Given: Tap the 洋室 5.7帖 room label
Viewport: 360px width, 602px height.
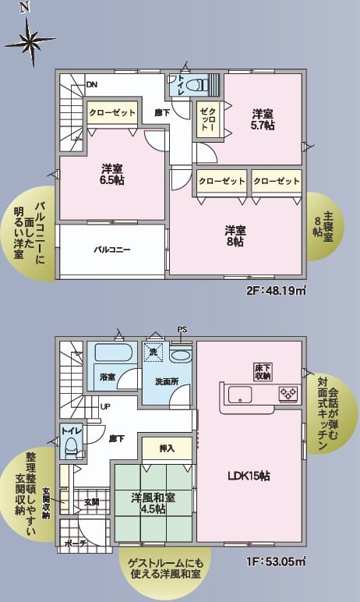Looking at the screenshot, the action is [x=263, y=120].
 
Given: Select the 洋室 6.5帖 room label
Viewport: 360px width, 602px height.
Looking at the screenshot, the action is [x=113, y=175].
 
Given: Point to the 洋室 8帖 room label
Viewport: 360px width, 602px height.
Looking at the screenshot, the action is [x=235, y=236].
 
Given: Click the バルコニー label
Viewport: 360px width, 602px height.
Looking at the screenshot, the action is [x=112, y=250].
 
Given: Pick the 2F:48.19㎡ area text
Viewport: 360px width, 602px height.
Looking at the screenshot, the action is [x=277, y=291].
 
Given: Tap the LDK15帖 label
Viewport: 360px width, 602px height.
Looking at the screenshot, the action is [x=249, y=476].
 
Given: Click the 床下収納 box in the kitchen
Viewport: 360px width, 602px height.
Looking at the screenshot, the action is [x=263, y=371].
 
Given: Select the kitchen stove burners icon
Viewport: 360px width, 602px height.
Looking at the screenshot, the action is [x=288, y=394].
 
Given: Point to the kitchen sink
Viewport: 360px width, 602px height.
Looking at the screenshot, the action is [x=240, y=395].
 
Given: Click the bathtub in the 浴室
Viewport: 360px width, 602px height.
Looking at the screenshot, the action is [x=114, y=352].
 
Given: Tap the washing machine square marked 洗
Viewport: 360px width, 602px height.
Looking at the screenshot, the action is [x=154, y=352].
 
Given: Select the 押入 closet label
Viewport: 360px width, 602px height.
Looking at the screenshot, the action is [x=167, y=448].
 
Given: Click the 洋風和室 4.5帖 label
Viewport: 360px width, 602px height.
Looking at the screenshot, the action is [x=154, y=503].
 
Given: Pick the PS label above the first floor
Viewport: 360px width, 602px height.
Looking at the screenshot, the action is [x=182, y=329].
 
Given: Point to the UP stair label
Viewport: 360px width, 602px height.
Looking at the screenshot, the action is [x=105, y=405].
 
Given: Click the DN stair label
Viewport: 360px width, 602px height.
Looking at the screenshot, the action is [x=91, y=84].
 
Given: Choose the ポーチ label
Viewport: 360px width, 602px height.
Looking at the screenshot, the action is [x=76, y=544].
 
